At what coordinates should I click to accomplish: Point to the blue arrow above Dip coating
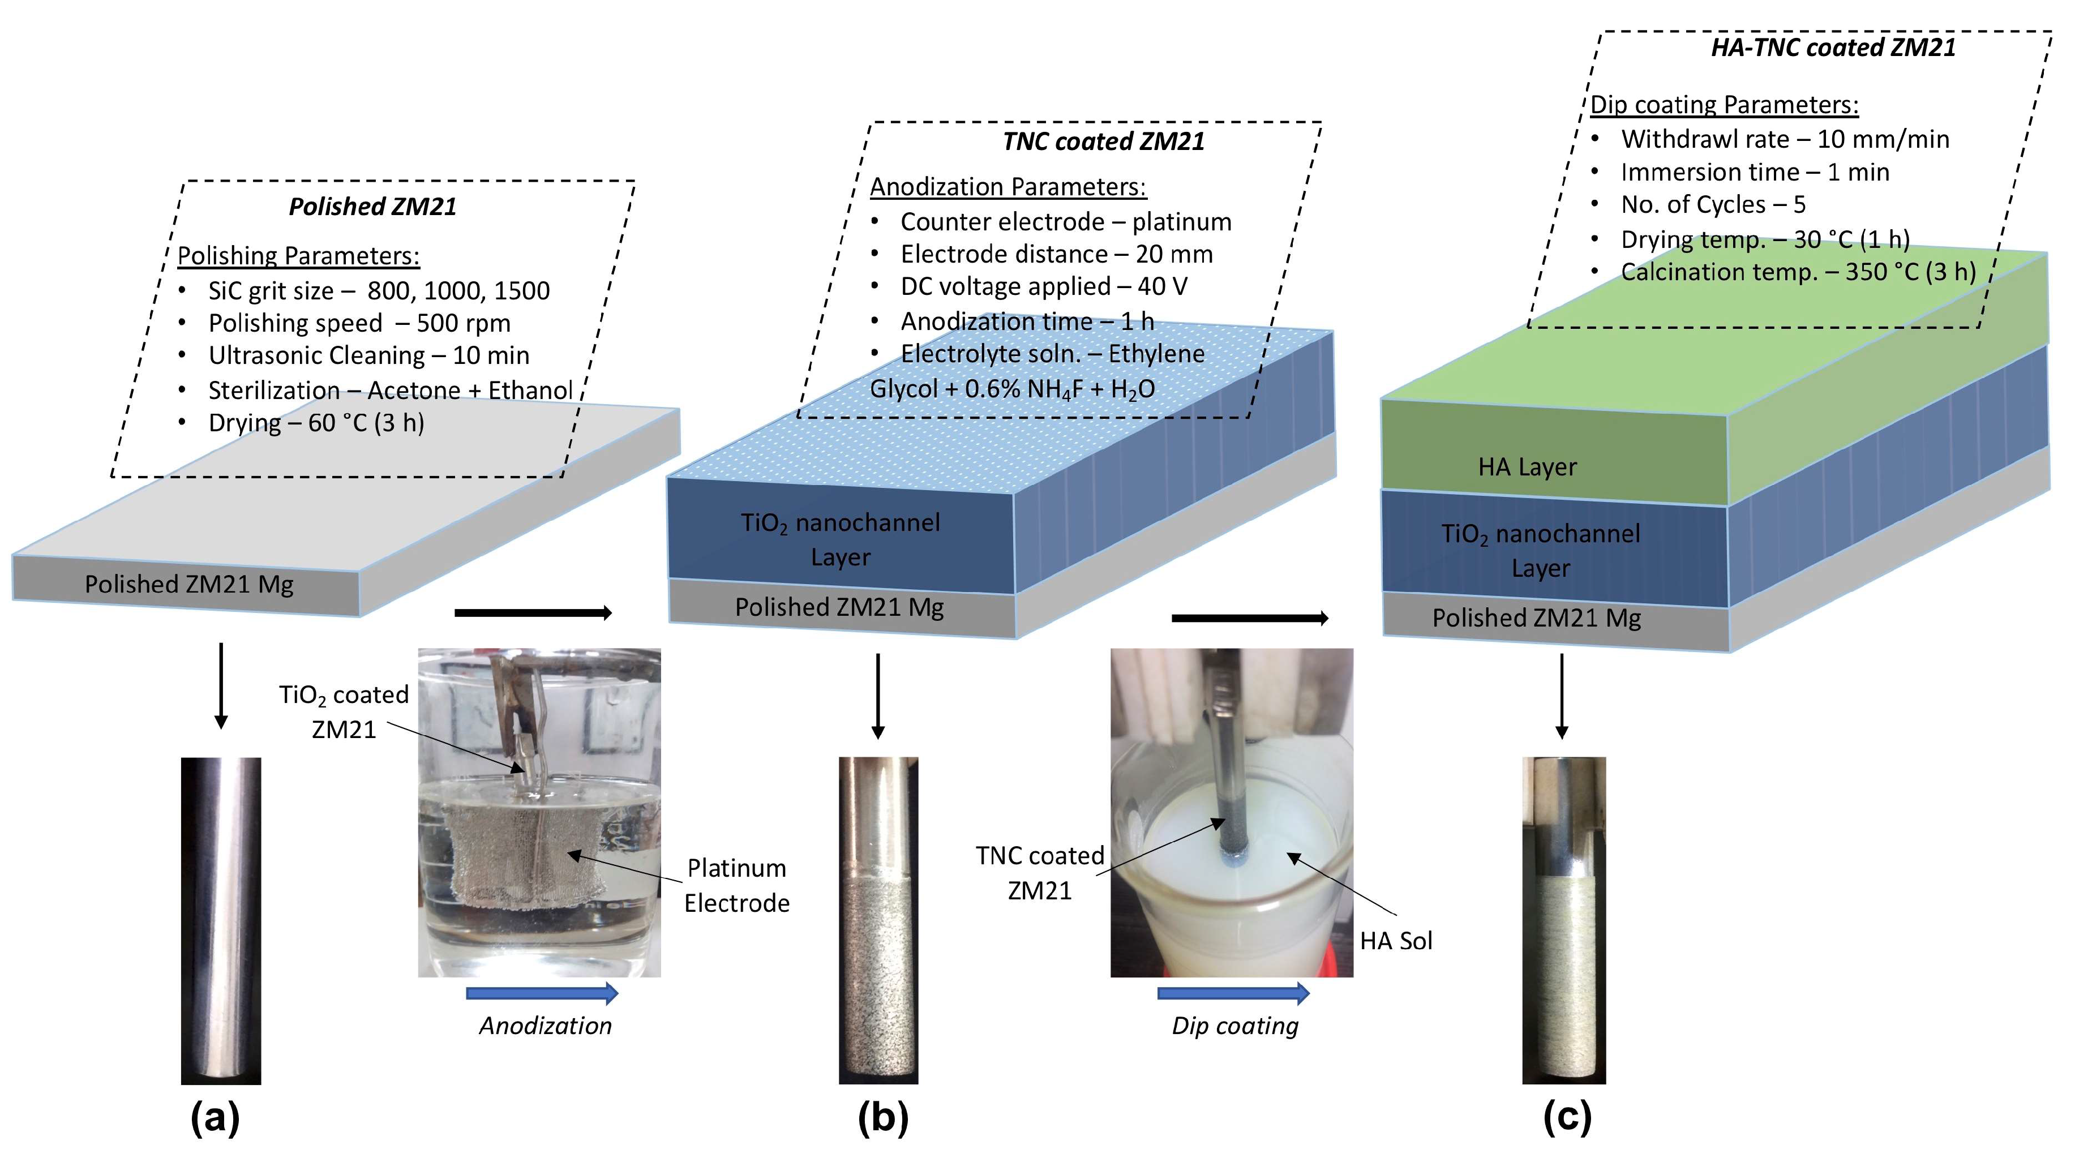(1233, 993)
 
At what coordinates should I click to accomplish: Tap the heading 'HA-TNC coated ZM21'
(1833, 48)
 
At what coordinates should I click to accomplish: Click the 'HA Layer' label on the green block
(1527, 466)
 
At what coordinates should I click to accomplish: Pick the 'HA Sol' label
(1396, 941)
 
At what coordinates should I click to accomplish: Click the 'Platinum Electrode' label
(736, 885)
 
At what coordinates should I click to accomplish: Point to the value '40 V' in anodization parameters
(1163, 286)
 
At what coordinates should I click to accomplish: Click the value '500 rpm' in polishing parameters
(463, 324)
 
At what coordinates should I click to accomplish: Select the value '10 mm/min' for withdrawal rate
(1883, 140)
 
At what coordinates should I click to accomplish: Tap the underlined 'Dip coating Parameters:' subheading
(1724, 105)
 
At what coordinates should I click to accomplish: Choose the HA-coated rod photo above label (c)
(1563, 920)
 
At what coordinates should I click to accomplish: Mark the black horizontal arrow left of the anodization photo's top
(533, 614)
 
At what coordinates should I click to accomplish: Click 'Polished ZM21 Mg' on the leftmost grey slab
(189, 584)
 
